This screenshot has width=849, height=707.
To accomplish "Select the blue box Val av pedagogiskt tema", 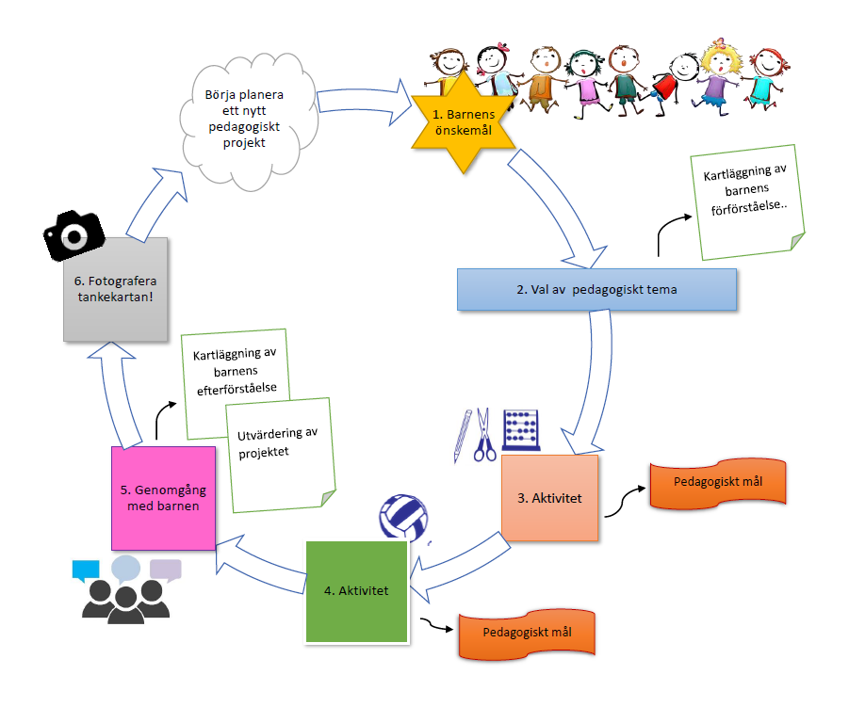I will pyautogui.click(x=596, y=289).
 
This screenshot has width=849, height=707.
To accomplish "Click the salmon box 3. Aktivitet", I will pyautogui.click(x=549, y=497).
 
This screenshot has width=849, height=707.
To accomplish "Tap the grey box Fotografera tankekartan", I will pyautogui.click(x=117, y=288).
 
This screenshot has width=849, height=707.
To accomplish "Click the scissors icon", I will pyautogui.click(x=484, y=435).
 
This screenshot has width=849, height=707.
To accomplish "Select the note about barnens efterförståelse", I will pyautogui.click(x=236, y=372).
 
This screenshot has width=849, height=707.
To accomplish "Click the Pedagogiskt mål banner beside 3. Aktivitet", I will pyautogui.click(x=718, y=483).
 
